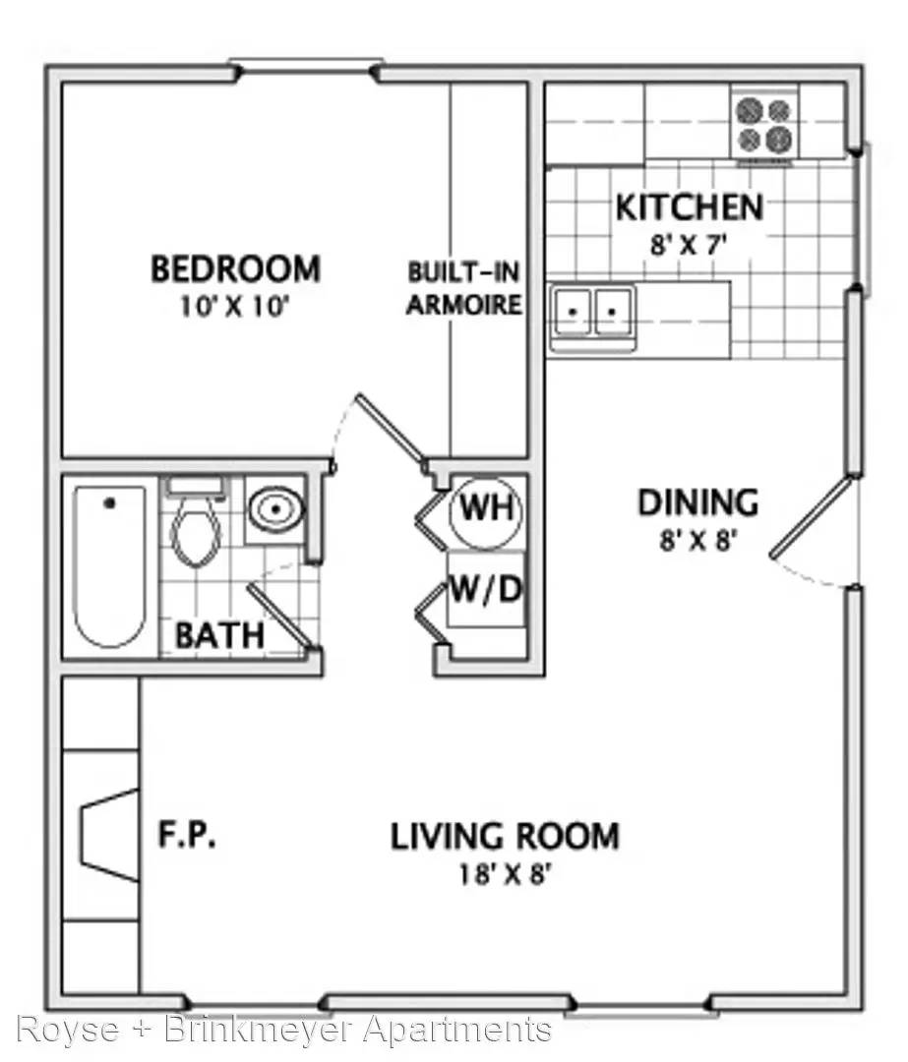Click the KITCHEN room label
690,207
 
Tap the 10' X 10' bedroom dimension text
234,307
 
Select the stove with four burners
764,125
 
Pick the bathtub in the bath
109,565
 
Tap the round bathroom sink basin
275,509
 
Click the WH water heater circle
487,509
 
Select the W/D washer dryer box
487,589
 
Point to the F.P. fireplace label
187,835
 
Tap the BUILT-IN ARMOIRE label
464,288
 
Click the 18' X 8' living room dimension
504,875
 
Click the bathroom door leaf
279,617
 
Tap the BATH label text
219,635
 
